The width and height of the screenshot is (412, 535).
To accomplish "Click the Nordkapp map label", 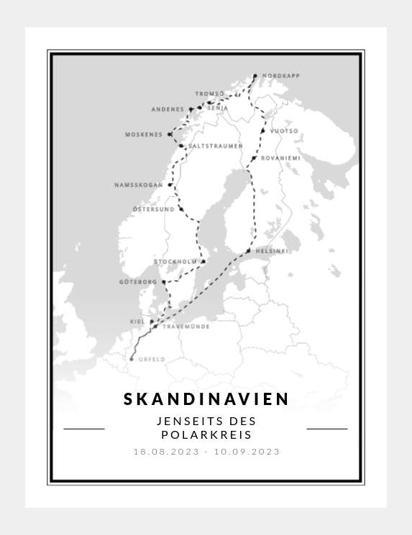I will point(280,76).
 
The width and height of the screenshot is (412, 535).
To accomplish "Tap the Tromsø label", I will point(209,93).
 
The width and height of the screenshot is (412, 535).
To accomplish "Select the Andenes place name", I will point(168,109).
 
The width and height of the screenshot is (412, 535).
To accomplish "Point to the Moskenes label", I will point(144,134).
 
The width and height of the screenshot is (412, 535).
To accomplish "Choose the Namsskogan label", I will point(139,185).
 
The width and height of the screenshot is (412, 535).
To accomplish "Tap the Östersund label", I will point(153,209).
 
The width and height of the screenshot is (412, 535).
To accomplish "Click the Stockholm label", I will point(175,262).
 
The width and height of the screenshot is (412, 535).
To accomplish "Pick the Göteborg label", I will point(138,282).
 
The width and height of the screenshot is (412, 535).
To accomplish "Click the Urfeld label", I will point(152,359).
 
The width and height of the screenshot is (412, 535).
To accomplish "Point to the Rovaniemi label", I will point(280,158).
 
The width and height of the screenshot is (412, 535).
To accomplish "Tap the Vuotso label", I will point(283,131).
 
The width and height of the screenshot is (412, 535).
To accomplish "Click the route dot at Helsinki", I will point(248,251).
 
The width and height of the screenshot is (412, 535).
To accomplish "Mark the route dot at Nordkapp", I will point(255,75).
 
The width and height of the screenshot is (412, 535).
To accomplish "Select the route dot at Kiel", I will point(152,322).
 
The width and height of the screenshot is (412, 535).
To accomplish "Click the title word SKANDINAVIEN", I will point(206,399).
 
